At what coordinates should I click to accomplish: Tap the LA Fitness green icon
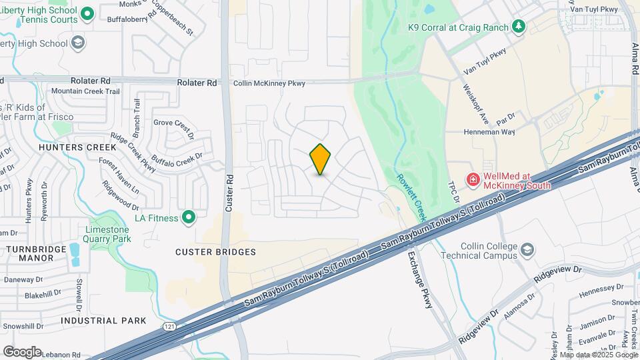[189, 217]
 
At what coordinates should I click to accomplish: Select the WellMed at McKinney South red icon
[473, 179]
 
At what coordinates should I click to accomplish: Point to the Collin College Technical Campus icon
[527, 250]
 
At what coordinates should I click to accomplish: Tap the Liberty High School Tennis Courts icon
[87, 13]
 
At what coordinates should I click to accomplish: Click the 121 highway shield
[170, 327]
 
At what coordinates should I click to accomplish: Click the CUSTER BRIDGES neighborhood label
[215, 252]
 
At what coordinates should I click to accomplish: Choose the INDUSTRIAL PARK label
[103, 321]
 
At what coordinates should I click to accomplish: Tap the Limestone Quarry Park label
[107, 234]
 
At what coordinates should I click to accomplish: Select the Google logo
[22, 351]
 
